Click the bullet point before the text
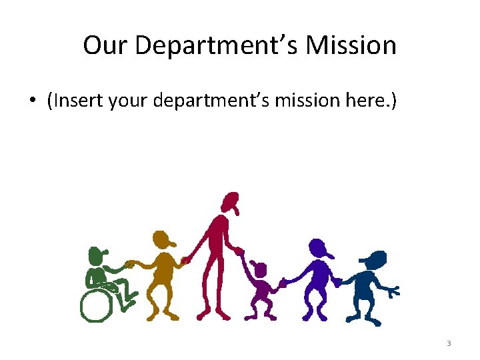click(32, 102)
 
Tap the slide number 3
click(449, 343)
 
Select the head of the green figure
click(97, 255)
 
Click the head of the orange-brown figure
click(162, 239)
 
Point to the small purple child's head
click(259, 269)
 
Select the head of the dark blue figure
click(375, 259)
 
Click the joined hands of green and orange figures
click(131, 264)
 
